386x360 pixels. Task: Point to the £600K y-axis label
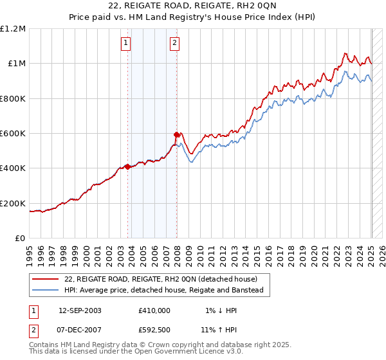point(13,134)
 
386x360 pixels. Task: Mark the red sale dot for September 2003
point(127,166)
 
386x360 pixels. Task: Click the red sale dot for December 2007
point(176,134)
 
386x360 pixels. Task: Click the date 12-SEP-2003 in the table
point(80,310)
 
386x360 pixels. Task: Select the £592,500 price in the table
point(154,329)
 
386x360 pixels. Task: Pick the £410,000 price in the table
point(154,310)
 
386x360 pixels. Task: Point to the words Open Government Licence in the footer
point(183,352)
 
